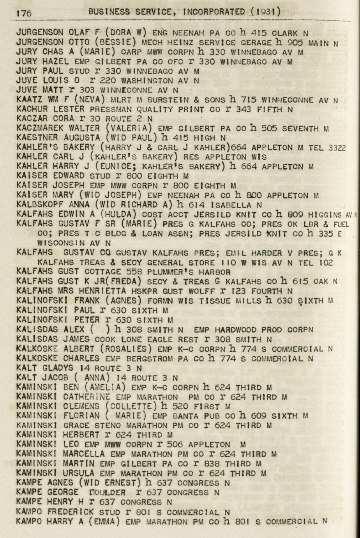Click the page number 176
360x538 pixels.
[x=24, y=13]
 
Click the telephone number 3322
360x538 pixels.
[x=337, y=147]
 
